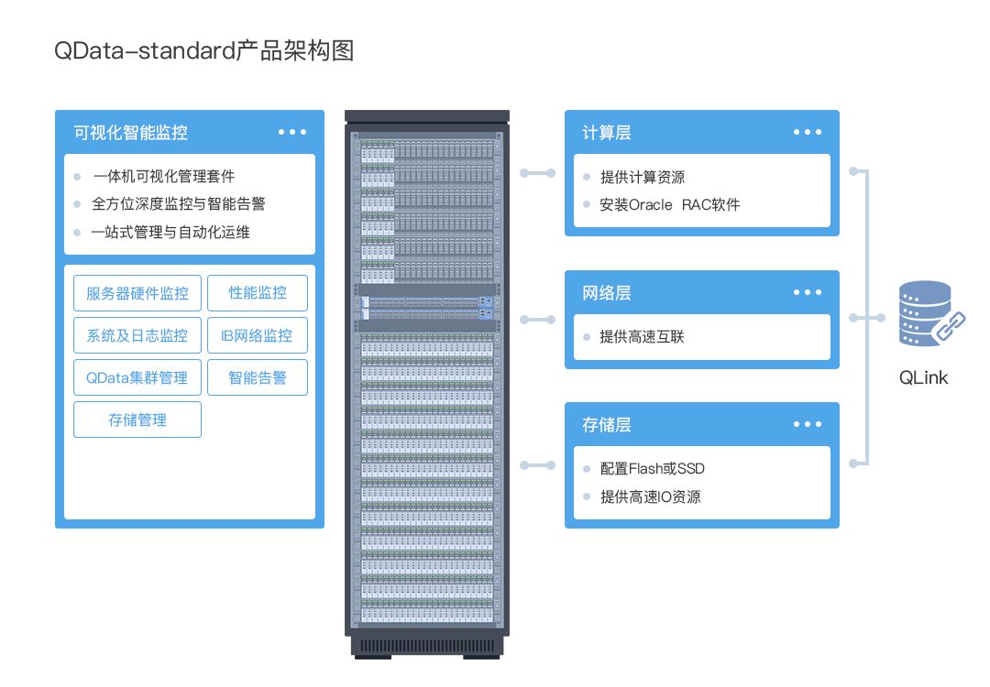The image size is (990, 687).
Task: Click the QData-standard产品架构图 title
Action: tap(203, 51)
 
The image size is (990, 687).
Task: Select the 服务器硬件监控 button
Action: tap(137, 293)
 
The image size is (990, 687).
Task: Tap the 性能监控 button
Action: tap(258, 293)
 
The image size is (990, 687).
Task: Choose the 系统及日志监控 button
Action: tap(137, 335)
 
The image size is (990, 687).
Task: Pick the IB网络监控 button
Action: tap(258, 335)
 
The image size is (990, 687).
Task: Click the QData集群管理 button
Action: tap(137, 377)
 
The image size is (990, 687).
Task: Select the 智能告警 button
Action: tap(258, 377)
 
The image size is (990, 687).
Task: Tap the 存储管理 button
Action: tap(137, 420)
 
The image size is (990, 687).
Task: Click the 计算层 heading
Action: tap(607, 132)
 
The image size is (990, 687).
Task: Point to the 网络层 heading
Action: tap(607, 293)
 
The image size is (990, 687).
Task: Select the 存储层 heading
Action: tap(607, 425)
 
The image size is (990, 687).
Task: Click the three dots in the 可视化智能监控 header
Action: tap(292, 132)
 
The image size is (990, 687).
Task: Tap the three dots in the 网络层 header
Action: tap(808, 292)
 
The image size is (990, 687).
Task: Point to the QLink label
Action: tap(923, 377)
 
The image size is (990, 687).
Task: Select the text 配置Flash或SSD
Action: tap(652, 469)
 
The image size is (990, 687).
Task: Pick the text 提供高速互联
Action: tap(642, 337)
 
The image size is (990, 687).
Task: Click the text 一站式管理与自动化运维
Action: tap(171, 233)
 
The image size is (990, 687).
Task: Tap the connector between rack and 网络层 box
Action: tap(537, 320)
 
